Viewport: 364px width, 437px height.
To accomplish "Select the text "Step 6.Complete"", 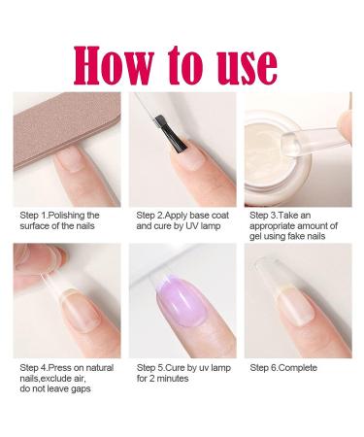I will [288, 368].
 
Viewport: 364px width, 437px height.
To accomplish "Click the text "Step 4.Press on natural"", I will [63, 368].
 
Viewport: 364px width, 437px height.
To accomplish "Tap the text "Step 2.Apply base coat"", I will [182, 216].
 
